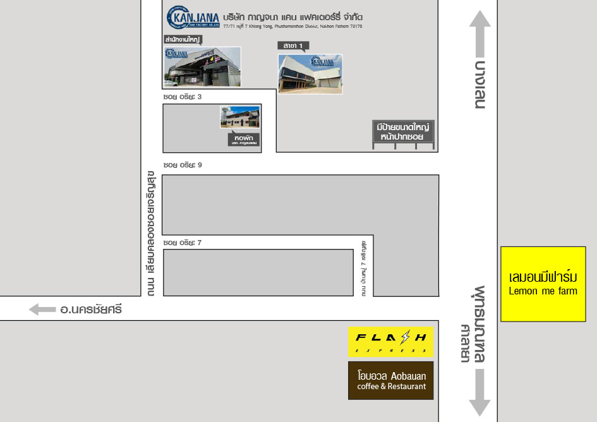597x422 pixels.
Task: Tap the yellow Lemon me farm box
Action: point(543,284)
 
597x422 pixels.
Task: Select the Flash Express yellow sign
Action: point(390,342)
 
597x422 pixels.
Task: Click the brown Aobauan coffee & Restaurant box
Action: point(390,380)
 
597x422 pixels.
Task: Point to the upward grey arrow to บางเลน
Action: point(480,34)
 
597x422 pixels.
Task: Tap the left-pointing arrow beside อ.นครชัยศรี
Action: point(42,310)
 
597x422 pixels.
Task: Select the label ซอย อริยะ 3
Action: point(182,97)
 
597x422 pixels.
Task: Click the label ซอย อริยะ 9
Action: point(182,165)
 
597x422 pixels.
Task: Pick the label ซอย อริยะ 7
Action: point(182,243)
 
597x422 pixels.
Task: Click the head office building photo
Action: point(202,67)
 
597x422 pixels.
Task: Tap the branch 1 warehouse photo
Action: point(310,74)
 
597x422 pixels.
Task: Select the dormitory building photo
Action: point(239,118)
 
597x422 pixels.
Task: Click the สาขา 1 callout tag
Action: point(293,45)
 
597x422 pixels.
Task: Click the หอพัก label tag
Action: point(243,140)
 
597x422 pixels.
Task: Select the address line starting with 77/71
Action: point(293,27)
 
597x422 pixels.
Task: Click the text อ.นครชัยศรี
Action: point(90,310)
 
